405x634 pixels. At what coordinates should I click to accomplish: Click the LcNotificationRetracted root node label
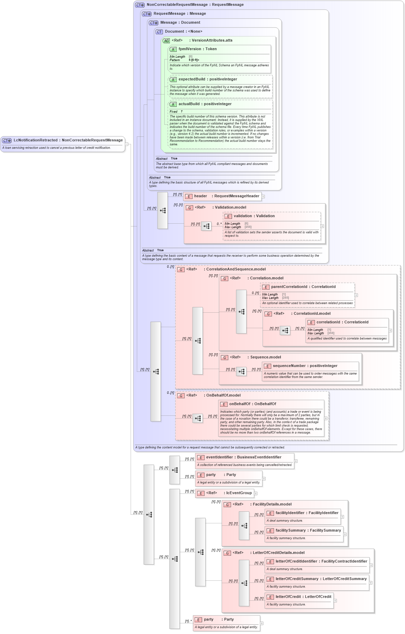pyautogui.click(x=35, y=140)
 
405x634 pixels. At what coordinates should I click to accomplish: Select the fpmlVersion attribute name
pyautogui.click(x=189, y=49)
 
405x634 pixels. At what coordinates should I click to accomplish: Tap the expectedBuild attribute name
pyautogui.click(x=191, y=79)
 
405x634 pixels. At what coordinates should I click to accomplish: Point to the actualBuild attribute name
pyautogui.click(x=189, y=104)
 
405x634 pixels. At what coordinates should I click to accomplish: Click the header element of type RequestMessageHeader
pyautogui.click(x=200, y=196)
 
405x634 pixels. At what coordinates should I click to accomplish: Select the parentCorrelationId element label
pyautogui.click(x=289, y=287)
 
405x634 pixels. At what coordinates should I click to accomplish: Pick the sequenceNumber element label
pyautogui.click(x=289, y=366)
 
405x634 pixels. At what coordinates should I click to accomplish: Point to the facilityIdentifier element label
pyautogui.click(x=290, y=513)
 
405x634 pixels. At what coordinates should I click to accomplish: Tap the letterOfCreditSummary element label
pyautogui.click(x=297, y=579)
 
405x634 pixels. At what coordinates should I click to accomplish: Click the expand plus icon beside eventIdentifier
pyautogui.click(x=296, y=461)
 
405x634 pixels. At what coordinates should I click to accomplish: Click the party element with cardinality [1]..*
pyautogui.click(x=208, y=620)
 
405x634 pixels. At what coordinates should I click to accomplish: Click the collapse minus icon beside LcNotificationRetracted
pyautogui.click(x=127, y=144)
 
